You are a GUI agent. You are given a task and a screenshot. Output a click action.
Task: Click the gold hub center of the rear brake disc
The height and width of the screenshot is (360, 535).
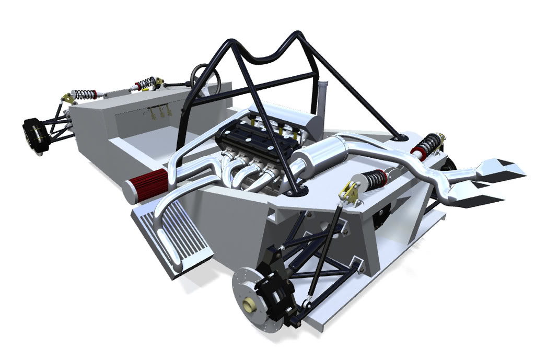pos(248,303)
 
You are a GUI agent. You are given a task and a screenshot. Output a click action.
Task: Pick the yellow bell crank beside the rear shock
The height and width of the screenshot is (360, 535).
pos(348,192)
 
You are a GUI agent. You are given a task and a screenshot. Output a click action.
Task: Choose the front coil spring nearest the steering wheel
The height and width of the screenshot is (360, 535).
pos(146,84)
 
